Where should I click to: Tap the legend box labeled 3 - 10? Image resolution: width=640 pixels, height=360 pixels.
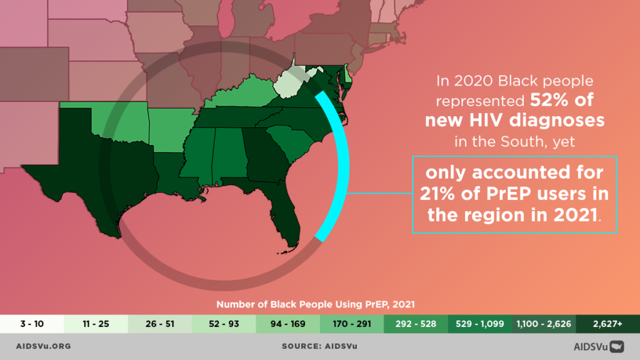[x=32, y=324]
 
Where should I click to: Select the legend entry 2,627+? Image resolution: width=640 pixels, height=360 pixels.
[x=607, y=324]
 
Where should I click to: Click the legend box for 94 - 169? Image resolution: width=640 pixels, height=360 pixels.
[x=287, y=324]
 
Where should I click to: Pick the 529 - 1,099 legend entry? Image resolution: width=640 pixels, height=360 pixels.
[x=479, y=324]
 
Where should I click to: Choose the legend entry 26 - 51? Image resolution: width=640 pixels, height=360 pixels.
[x=160, y=324]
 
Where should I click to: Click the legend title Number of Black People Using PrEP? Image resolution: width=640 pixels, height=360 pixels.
[x=316, y=304]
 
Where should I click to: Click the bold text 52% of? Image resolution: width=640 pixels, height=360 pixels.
[x=561, y=100]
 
